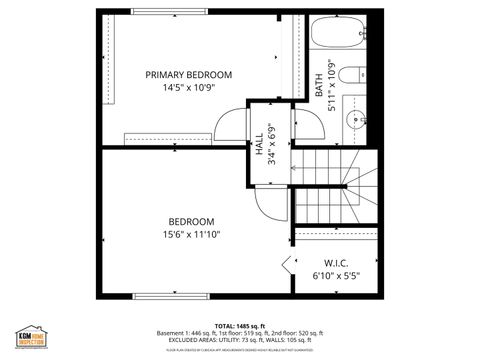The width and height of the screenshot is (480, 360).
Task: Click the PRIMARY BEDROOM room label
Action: [x=188, y=75]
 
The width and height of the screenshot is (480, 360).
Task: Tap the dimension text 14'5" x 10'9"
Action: [x=188, y=88]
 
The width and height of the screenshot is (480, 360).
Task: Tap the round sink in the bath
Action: [x=354, y=120]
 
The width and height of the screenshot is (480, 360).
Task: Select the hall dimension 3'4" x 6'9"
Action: [x=271, y=144]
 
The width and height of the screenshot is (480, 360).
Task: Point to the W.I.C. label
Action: [x=335, y=264]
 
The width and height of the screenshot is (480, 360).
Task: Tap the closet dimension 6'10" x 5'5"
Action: [x=335, y=276]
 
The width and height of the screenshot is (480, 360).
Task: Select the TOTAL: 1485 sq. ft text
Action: [x=239, y=326]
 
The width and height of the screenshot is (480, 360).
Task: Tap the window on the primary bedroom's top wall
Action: [x=165, y=12]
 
